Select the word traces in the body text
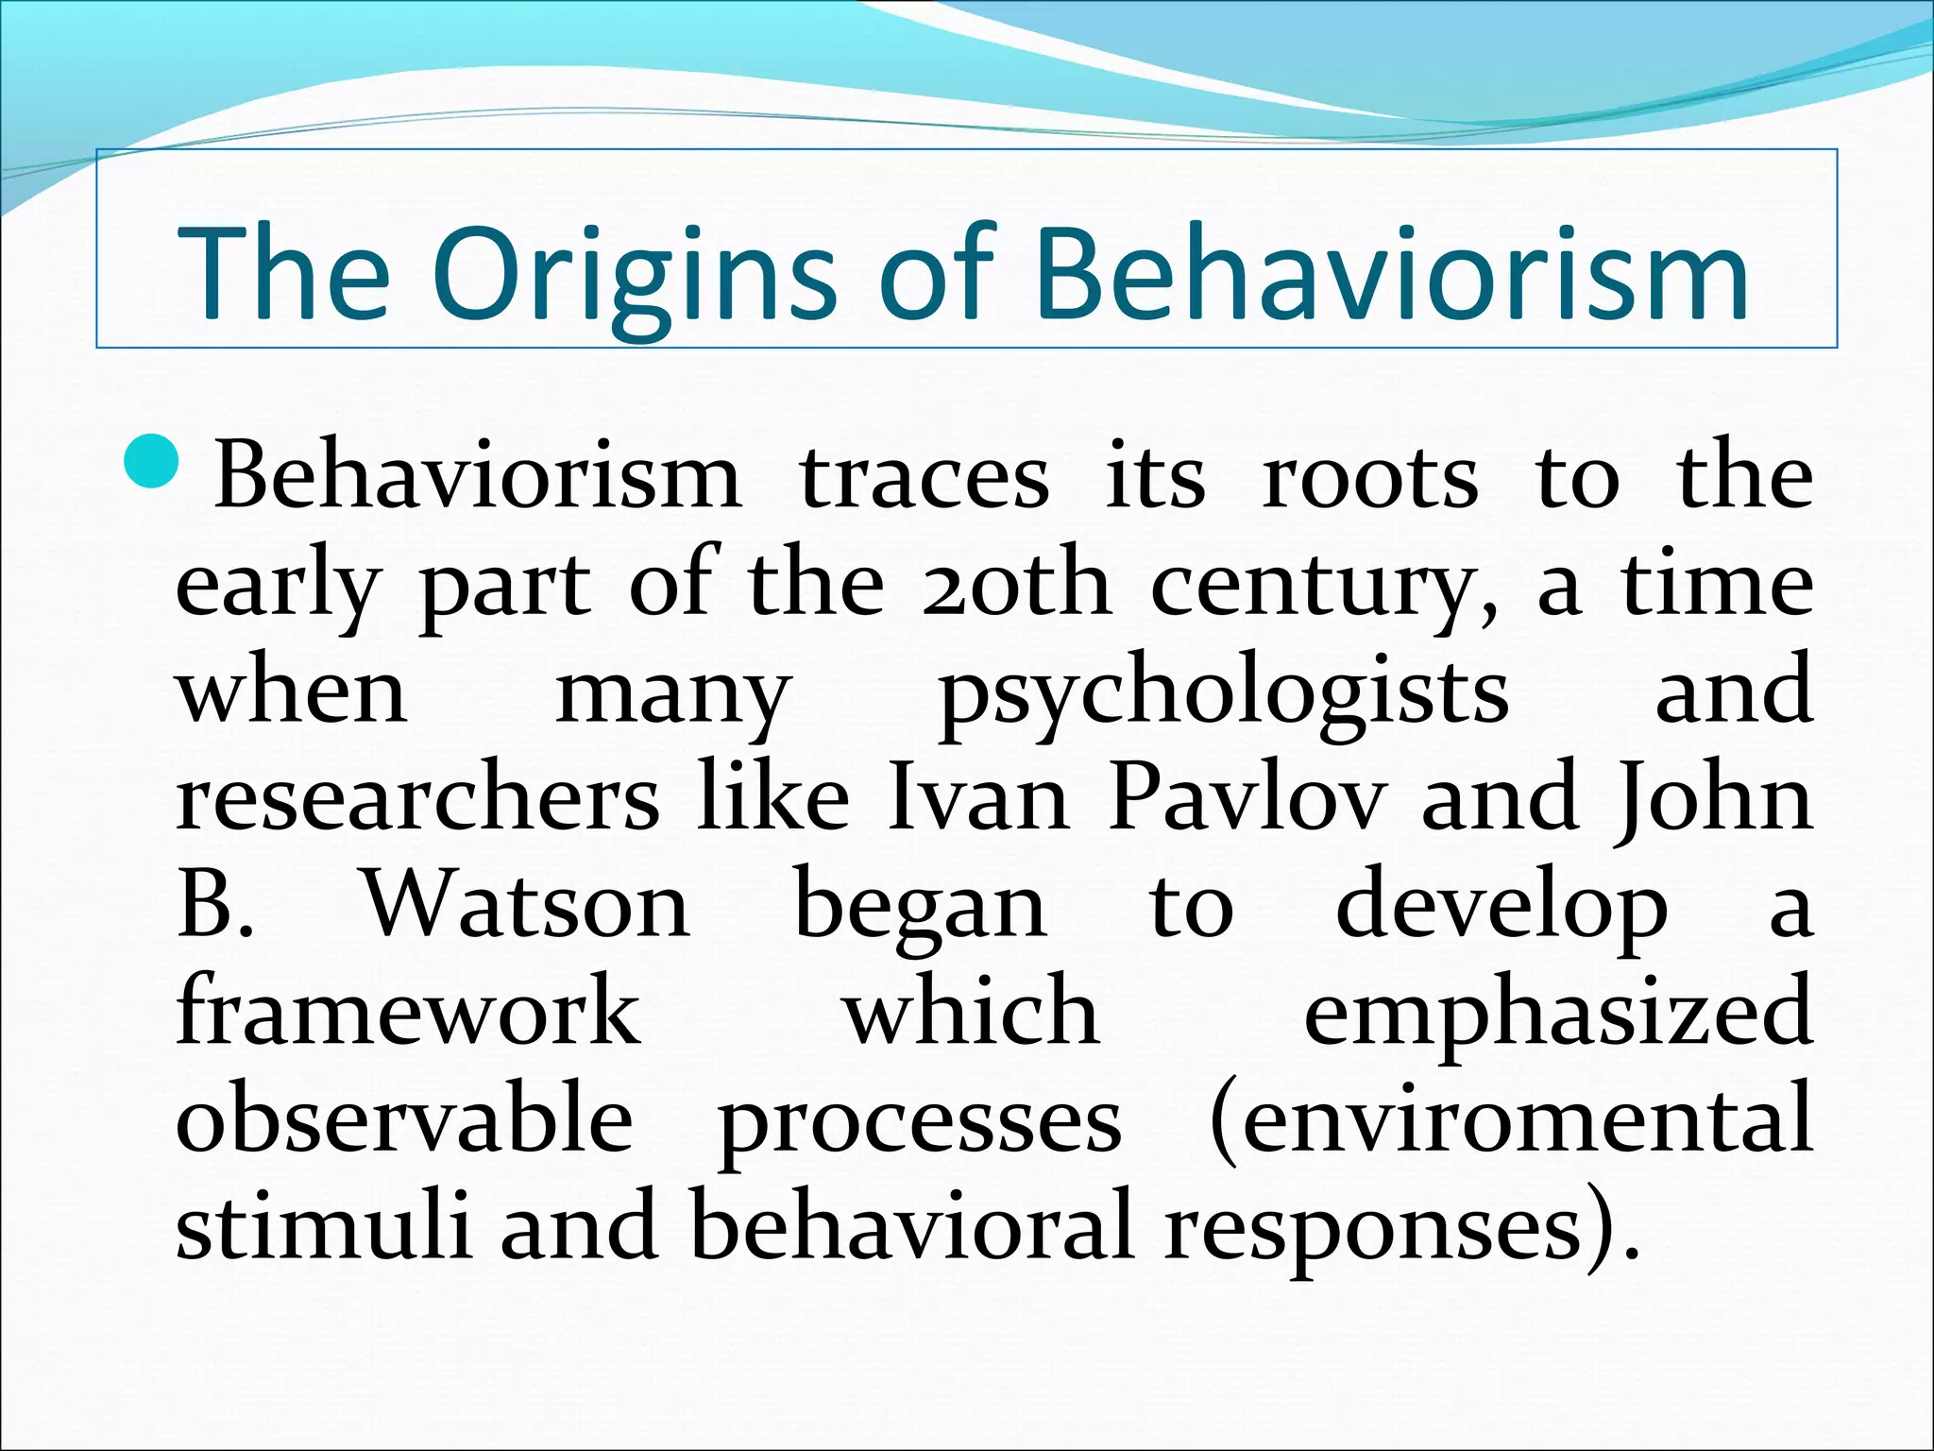click(925, 477)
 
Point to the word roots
click(1369, 477)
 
